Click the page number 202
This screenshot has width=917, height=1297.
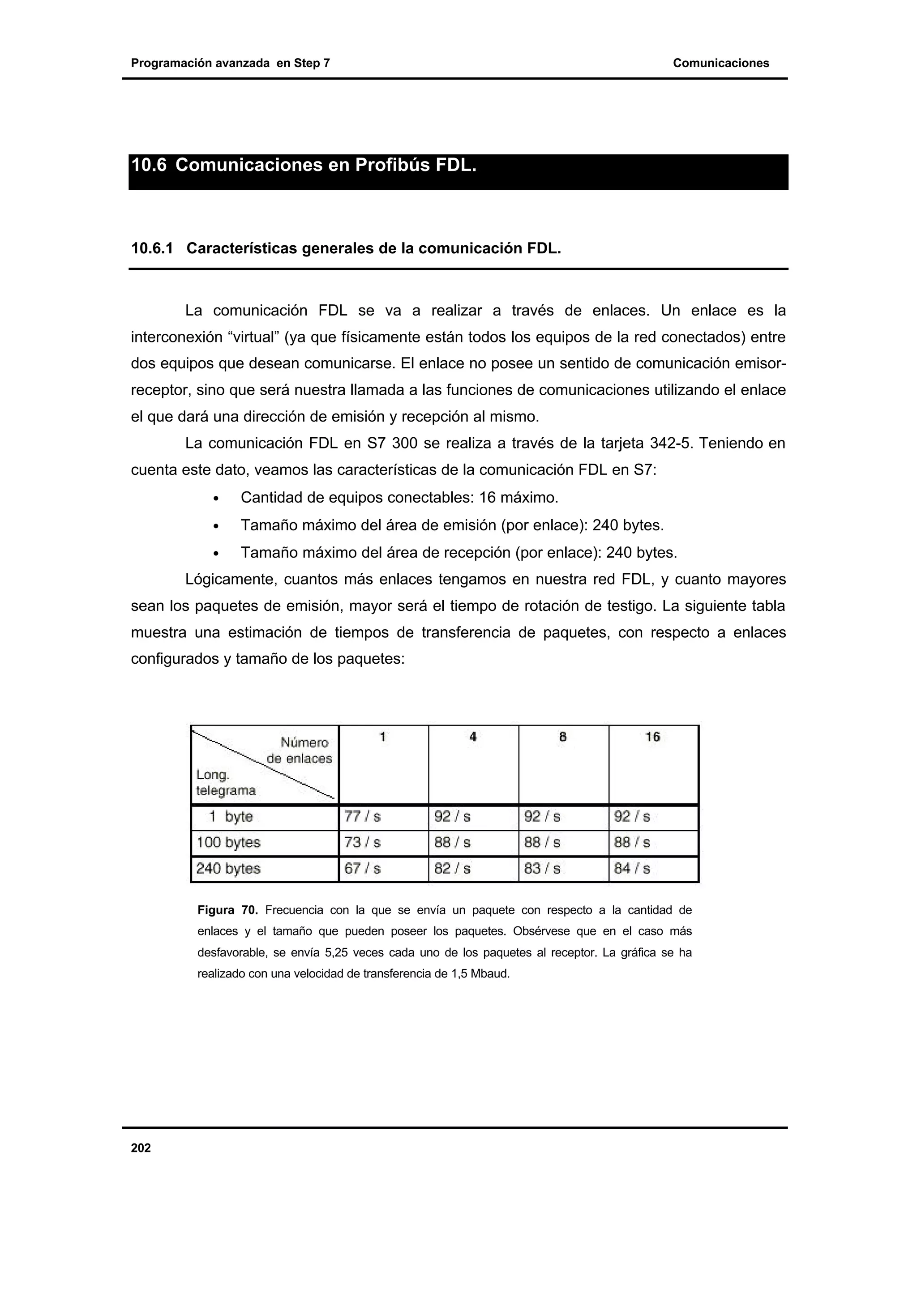pyautogui.click(x=141, y=1148)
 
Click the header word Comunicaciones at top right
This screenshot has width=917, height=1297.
pyautogui.click(x=720, y=63)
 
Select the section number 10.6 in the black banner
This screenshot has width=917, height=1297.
pyautogui.click(x=149, y=166)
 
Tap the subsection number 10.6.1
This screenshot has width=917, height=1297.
pyautogui.click(x=151, y=248)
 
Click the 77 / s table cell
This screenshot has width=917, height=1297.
pyautogui.click(x=362, y=817)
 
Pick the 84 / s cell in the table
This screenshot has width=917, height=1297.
pyautogui.click(x=632, y=868)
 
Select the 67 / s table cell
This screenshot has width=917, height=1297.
pyautogui.click(x=362, y=868)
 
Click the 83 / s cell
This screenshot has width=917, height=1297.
pyautogui.click(x=542, y=868)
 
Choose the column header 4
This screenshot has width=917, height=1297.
pyautogui.click(x=473, y=737)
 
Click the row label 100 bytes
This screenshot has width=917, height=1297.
pyautogui.click(x=228, y=843)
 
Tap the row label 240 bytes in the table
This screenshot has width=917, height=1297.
pyautogui.click(x=228, y=868)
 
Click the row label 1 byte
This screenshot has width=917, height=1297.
pyautogui.click(x=231, y=817)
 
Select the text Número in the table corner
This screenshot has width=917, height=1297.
pyautogui.click(x=304, y=742)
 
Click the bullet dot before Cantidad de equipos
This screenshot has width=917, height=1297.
pyautogui.click(x=216, y=499)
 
